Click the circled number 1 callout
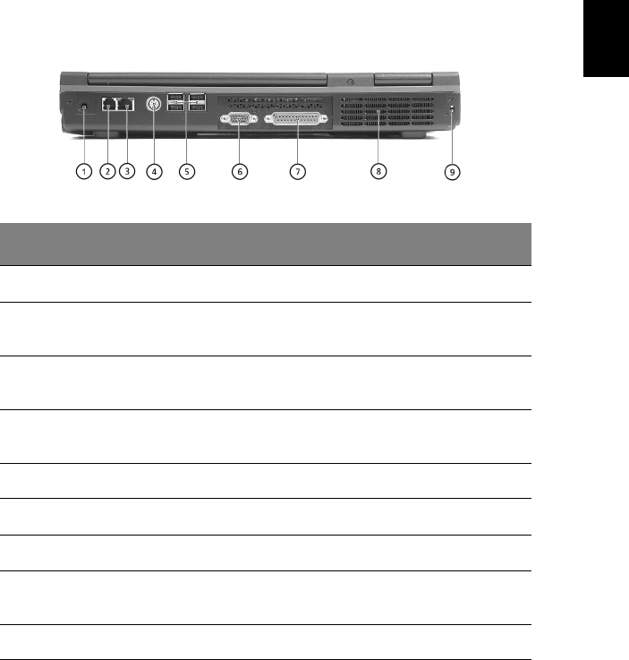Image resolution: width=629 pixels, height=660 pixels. (x=84, y=171)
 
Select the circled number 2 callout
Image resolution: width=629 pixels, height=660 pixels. (x=107, y=171)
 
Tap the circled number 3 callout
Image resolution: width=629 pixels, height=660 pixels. (x=127, y=171)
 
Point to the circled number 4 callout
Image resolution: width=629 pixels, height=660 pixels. (x=154, y=171)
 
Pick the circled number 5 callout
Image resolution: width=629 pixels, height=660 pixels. (x=187, y=171)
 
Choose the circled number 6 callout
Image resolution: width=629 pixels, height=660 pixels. (x=240, y=171)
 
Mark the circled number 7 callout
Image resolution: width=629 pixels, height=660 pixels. (x=298, y=171)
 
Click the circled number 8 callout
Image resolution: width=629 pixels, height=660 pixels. (x=378, y=171)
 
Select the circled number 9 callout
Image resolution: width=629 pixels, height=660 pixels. (x=453, y=172)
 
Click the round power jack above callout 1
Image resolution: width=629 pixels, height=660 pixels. (x=84, y=107)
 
